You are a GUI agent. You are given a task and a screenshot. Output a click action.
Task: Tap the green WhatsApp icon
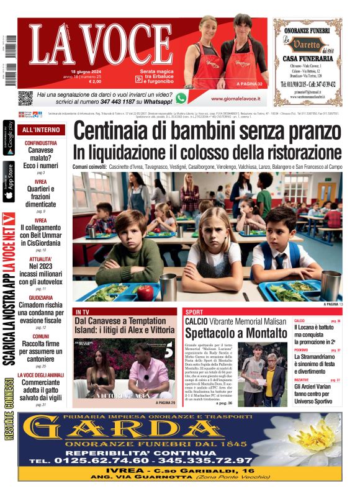[181, 97]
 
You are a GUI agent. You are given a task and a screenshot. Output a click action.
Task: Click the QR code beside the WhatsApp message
[25, 97]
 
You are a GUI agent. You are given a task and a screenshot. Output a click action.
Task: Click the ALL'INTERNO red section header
[41, 130]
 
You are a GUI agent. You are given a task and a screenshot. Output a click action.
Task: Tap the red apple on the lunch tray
[145, 289]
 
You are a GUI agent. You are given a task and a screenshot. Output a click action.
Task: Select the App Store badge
[9, 181]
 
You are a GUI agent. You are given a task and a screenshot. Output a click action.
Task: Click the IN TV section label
[83, 312]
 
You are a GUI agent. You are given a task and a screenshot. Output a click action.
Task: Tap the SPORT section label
[194, 312]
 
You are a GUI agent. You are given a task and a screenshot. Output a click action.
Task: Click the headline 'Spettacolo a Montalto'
[230, 333]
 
